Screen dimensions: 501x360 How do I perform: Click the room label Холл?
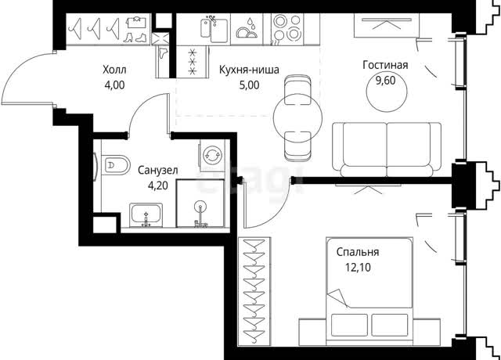click(x=114, y=70)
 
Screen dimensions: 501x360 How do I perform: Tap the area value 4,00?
click(x=114, y=85)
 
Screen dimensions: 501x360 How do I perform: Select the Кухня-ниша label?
click(x=249, y=70)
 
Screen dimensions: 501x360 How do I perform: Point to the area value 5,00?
click(x=249, y=85)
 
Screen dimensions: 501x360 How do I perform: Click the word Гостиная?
click(x=385, y=65)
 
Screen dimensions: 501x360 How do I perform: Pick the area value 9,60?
click(x=385, y=81)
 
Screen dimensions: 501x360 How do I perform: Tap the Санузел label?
click(x=158, y=171)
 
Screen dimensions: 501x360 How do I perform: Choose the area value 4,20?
click(x=158, y=185)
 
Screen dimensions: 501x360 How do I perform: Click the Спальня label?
click(x=358, y=252)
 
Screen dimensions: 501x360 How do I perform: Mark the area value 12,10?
click(x=358, y=268)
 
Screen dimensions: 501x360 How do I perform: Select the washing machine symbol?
click(x=211, y=155)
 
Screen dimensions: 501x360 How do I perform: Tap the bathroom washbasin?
click(x=146, y=216)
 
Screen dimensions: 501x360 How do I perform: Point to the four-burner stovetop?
click(x=287, y=30)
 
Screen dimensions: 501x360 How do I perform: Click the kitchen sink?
click(x=214, y=29)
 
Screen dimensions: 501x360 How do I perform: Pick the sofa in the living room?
click(x=387, y=149)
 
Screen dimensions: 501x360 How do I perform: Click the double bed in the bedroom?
click(x=369, y=291)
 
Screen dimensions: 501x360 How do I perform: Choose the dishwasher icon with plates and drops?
click(x=247, y=28)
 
